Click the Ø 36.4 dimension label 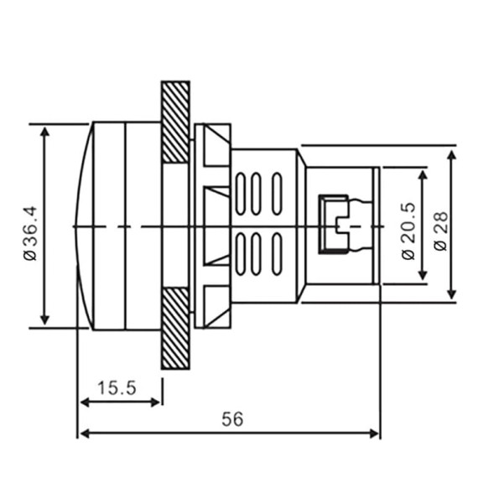(30, 233)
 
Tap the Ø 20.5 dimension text (408, 231)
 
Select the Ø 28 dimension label (440, 231)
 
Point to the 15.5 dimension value (117, 387)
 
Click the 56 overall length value (232, 419)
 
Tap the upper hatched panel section (175, 122)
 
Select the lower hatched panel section (175, 328)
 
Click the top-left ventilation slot (241, 194)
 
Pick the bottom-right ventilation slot (277, 254)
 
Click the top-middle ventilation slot (256, 194)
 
